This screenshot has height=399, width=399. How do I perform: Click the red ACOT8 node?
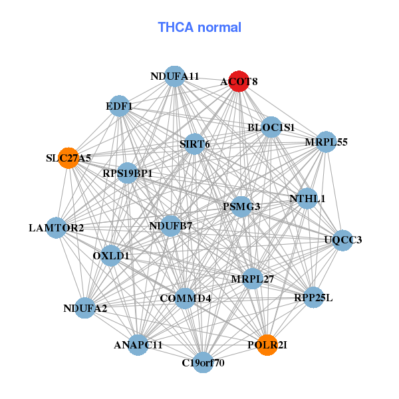(239, 81)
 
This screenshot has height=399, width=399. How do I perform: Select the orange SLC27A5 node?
(68, 158)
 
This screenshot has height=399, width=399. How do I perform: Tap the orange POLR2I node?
(267, 344)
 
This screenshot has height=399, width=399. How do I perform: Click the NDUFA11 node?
(174, 76)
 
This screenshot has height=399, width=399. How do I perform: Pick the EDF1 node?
(119, 106)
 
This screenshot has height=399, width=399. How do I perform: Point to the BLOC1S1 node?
(271, 127)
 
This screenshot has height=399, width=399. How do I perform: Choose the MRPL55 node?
(326, 142)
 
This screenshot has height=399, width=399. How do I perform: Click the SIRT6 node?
(195, 144)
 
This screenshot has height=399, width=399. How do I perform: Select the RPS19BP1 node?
(127, 174)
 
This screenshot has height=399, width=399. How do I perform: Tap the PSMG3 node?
(241, 206)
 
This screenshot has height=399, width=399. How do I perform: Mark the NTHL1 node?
(307, 198)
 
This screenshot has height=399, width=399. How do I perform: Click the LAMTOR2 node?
(57, 228)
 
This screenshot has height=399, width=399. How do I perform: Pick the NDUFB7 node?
(170, 226)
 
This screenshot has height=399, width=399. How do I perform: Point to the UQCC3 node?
(342, 239)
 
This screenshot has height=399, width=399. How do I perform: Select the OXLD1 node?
(111, 255)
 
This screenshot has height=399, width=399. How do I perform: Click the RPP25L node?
(313, 297)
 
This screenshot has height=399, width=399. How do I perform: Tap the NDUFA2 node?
(85, 308)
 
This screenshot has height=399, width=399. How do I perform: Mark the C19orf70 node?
(203, 363)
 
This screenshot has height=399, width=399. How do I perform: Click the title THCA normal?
(199, 27)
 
